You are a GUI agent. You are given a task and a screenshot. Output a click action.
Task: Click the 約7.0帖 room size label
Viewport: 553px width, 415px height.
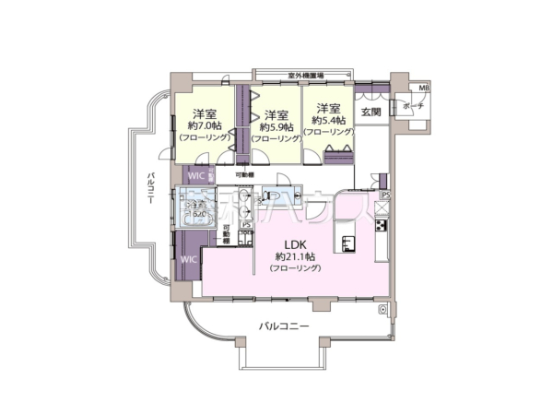tap(205, 125)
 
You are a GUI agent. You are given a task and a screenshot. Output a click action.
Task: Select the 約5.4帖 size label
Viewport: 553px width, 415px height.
tap(329, 121)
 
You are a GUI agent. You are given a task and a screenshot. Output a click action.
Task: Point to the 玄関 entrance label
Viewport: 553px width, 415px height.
tap(371, 112)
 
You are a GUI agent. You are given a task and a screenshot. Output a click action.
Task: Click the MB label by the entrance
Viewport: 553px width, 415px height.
tap(424, 89)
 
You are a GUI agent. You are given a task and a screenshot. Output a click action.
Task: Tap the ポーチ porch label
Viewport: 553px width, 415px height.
tap(411, 106)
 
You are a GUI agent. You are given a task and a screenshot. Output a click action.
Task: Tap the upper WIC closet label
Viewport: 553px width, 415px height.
tap(196, 174)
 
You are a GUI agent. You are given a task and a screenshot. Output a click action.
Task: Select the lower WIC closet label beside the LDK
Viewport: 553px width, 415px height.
tap(189, 259)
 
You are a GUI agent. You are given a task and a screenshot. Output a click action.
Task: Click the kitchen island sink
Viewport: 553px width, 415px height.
tap(349, 243)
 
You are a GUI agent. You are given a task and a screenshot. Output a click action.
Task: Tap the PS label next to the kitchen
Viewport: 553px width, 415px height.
tap(385, 195)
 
